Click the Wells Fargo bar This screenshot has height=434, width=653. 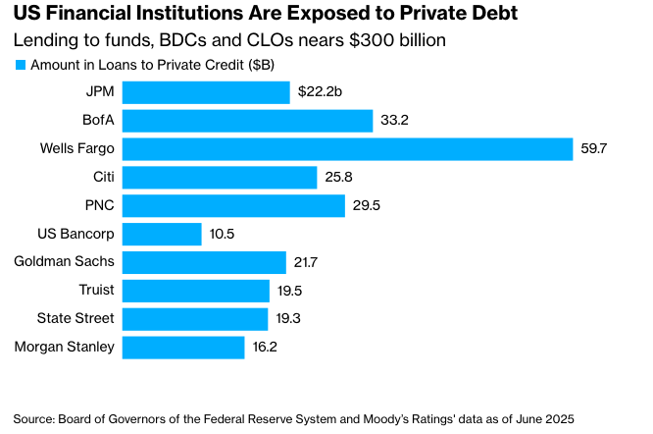coord(347,149)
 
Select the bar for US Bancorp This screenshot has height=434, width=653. coord(162,234)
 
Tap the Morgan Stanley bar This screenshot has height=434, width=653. coord(183,347)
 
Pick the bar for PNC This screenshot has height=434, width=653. coord(233,206)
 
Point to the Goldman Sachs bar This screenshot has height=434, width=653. coord(204,262)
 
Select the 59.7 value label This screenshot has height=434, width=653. coord(596,149)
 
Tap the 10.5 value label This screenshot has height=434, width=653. coord(223,234)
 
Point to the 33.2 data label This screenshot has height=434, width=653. coord(394,121)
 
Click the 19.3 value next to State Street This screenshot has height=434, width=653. coord(288,319)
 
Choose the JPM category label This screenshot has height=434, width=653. coord(99,92)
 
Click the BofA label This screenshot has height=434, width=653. coord(96,121)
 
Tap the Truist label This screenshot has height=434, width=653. coord(96,291)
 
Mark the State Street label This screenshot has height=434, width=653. coord(75,319)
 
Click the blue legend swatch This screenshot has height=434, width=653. coord(20,65)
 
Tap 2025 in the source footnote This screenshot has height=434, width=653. coord(556,417)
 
